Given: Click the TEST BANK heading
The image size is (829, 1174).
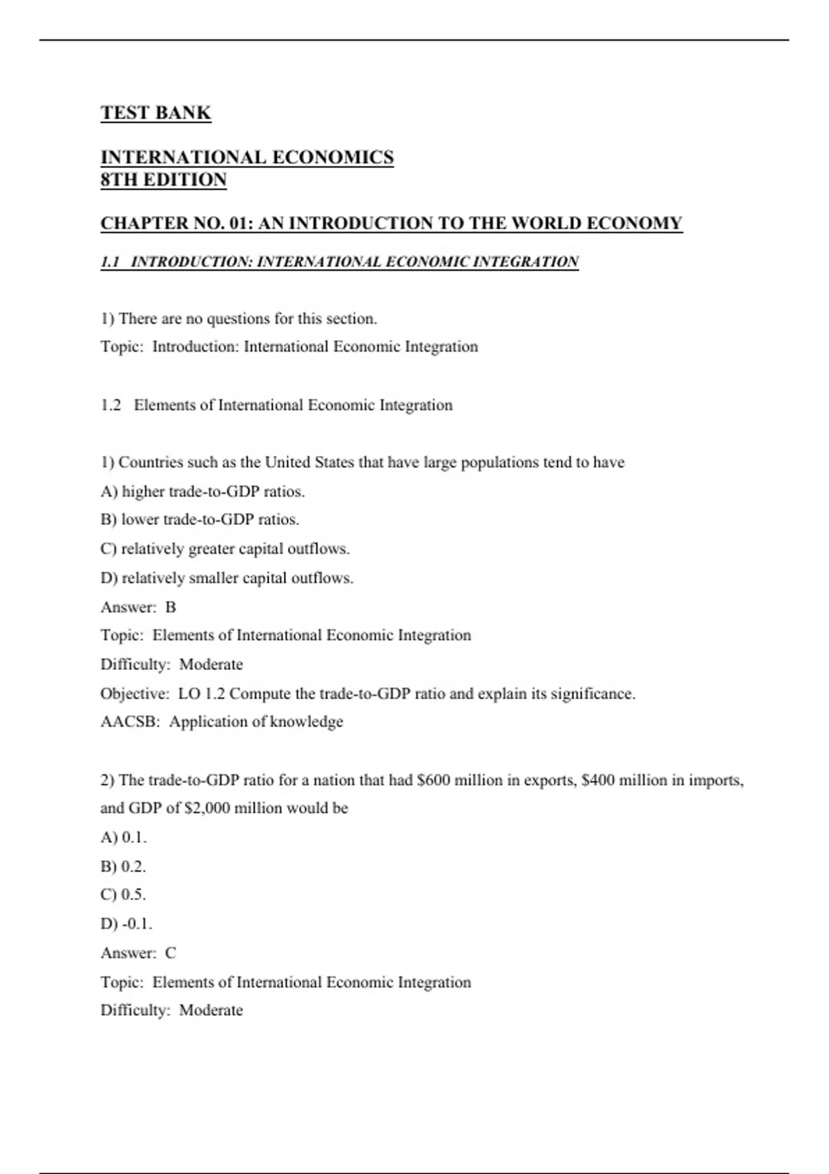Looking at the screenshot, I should coord(155,113).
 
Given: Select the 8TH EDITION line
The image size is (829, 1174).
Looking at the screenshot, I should coord(164,180).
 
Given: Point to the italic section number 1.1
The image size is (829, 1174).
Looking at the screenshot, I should coord(111,262).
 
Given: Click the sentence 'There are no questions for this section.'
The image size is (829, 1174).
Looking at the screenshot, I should coord(248,318).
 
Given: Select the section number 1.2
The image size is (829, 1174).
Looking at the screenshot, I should coord(111,405).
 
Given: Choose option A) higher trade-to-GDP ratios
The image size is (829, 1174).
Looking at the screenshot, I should coord(202,491).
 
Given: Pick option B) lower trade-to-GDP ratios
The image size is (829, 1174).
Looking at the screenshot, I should coord(200,519).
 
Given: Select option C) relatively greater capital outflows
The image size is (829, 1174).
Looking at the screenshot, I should coord(225,548).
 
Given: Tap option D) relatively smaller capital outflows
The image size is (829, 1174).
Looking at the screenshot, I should coord(227,577).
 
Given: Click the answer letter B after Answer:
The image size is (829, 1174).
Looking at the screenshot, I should coord(171,607).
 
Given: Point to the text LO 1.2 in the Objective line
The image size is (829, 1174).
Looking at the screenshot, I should coord(201,693).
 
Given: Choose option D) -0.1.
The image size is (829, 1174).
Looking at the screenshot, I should coord(126,923).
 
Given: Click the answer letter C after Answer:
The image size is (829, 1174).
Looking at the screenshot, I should coord(171,953).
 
